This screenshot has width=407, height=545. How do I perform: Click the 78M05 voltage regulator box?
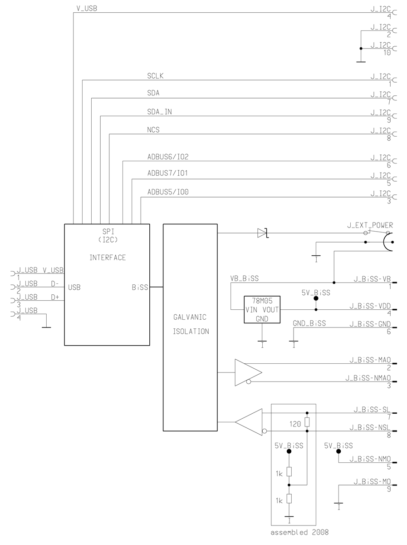pyautogui.click(x=262, y=309)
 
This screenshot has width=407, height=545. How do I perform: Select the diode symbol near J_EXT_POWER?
pyautogui.click(x=262, y=233)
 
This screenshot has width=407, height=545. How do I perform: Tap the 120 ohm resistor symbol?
pyautogui.click(x=307, y=422)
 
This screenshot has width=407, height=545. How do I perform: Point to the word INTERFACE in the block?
pyautogui.click(x=108, y=258)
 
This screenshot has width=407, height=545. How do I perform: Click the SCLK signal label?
pyautogui.click(x=155, y=76)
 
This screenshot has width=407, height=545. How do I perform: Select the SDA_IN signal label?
pyautogui.click(x=160, y=112)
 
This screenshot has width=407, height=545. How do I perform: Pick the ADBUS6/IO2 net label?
pyautogui.click(x=168, y=157)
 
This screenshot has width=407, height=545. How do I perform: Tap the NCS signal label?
pyautogui.click(x=153, y=130)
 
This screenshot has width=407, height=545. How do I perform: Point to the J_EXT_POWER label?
pyautogui.click(x=370, y=225)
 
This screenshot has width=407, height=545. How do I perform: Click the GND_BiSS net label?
pyautogui.click(x=309, y=323)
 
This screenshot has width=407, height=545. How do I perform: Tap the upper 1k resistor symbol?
pyautogui.click(x=289, y=472)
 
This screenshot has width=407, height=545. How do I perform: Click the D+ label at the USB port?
pyautogui.click(x=55, y=297)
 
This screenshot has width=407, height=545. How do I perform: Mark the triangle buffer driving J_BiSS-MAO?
pyautogui.click(x=247, y=373)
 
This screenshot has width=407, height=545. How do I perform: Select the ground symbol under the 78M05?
pyautogui.click(x=262, y=342)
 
